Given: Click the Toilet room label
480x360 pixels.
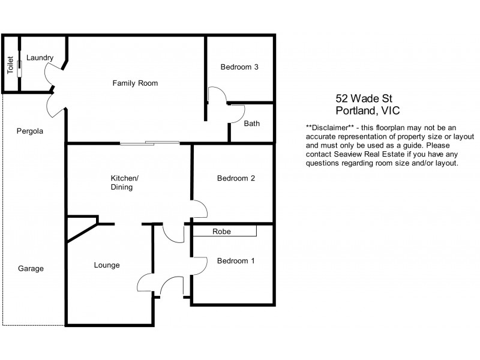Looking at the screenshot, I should point(10,65).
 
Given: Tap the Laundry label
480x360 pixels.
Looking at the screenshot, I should point(40,58).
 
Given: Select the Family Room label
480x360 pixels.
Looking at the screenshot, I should point(135,83).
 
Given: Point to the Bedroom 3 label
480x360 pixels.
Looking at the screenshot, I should point(239,67).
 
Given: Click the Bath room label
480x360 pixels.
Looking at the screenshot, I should point(251,124).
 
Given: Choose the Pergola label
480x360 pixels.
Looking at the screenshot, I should point(30,130).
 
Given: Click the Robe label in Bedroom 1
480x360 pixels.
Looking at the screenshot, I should point(221,231).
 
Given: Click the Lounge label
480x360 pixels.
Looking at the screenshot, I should point(107,265).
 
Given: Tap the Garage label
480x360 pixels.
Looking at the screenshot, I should point(31,268).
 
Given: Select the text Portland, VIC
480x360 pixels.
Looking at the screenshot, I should point(367,111).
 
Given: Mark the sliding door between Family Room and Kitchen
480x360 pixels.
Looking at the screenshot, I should point(149,143).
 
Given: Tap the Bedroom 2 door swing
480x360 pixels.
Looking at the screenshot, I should point(200,209).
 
